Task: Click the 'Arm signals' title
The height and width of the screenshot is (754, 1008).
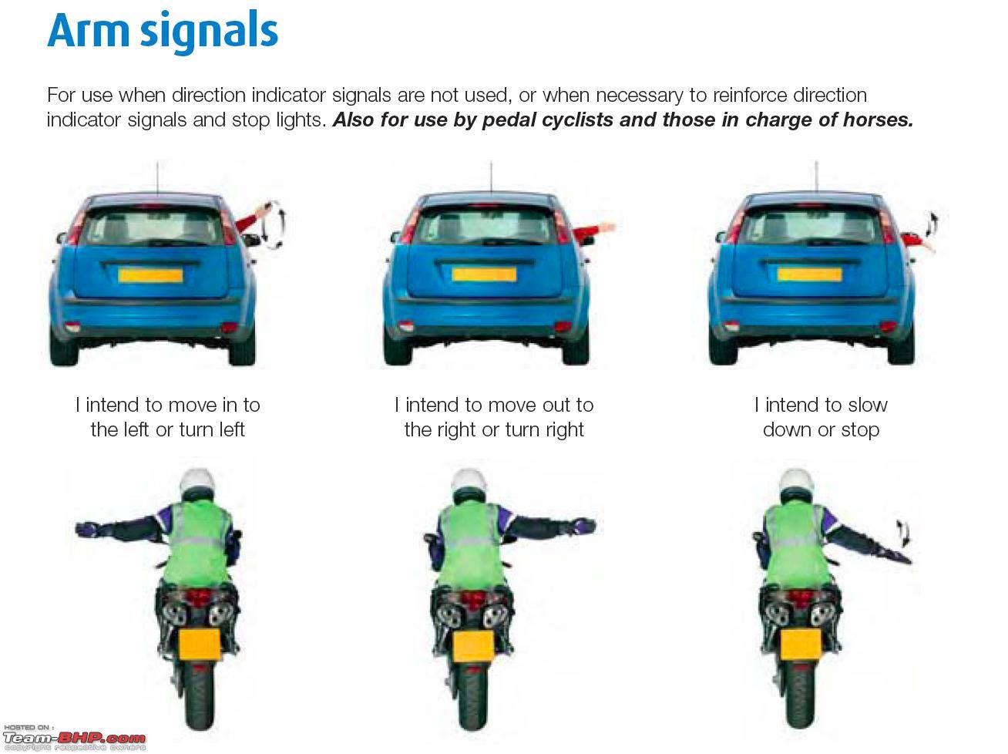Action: pyautogui.click(x=163, y=32)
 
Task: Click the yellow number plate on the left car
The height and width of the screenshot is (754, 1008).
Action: pyautogui.click(x=150, y=275)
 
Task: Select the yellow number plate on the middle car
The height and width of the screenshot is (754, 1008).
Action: pyautogui.click(x=484, y=274)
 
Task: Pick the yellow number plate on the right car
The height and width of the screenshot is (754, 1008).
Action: pyautogui.click(x=809, y=274)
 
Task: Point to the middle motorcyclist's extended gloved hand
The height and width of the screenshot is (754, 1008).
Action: pyautogui.click(x=584, y=527)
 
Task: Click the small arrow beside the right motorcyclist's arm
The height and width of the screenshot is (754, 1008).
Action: pyautogui.click(x=904, y=533)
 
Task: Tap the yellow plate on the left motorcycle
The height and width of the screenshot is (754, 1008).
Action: pyautogui.click(x=200, y=645)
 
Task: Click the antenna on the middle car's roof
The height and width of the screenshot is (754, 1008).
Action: pyautogui.click(x=491, y=177)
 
